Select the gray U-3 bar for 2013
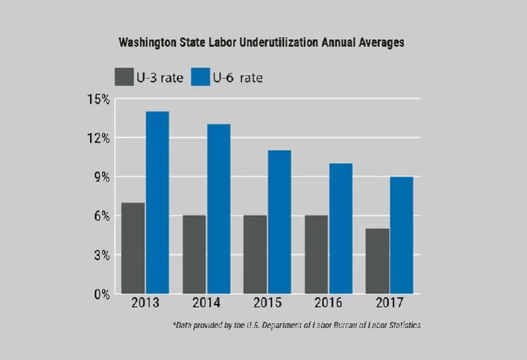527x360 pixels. tap(133, 247)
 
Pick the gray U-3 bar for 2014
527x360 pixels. tap(194, 254)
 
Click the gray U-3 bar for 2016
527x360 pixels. tap(316, 254)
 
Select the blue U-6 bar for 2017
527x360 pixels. tap(401, 235)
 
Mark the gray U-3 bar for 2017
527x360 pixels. tap(377, 261)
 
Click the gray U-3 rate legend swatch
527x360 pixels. tap(125, 77)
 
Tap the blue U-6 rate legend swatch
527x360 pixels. tap(201, 77)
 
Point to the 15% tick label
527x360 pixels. tap(97, 99)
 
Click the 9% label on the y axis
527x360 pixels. tap(101, 177)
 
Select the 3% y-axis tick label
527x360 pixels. tap(101, 255)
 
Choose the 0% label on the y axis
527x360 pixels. tap(101, 294)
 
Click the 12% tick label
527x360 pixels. tap(97, 138)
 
